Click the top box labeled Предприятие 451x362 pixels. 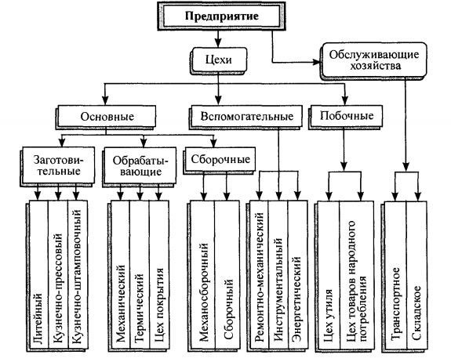click(x=221, y=16)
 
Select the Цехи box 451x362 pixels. click(x=219, y=60)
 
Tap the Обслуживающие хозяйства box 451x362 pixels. click(x=373, y=60)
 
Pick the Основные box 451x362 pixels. click(x=107, y=116)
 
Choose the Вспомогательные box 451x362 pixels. click(x=246, y=116)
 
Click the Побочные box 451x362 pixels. click(x=346, y=116)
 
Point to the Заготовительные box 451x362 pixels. click(x=58, y=165)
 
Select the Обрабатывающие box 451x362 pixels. click(x=140, y=165)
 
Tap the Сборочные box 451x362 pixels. click(x=220, y=160)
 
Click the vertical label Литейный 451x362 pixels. click(x=38, y=318)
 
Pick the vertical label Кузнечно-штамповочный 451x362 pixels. click(x=77, y=277)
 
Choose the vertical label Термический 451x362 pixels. click(x=139, y=307)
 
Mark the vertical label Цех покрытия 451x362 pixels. click(x=159, y=305)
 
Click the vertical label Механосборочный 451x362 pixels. click(x=204, y=292)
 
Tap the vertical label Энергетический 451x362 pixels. click(x=296, y=299)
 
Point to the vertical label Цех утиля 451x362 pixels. click(x=328, y=316)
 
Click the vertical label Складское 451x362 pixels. click(x=416, y=313)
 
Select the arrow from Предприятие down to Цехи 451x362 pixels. click(x=218, y=39)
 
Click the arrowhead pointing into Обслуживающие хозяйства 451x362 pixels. click(x=316, y=62)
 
